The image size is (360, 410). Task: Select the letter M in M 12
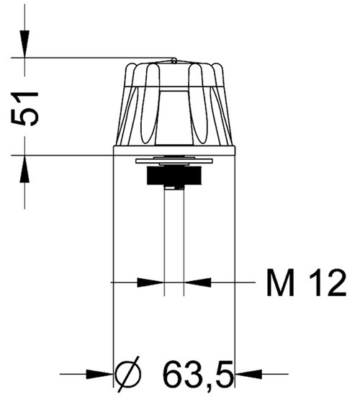point(280,283)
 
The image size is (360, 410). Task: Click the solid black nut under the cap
point(174,176)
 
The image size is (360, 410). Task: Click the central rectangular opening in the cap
point(174,115)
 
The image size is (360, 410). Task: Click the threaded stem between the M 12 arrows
point(174,238)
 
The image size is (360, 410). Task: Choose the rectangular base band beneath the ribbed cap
point(175,150)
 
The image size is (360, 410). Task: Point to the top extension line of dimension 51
point(94,58)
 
